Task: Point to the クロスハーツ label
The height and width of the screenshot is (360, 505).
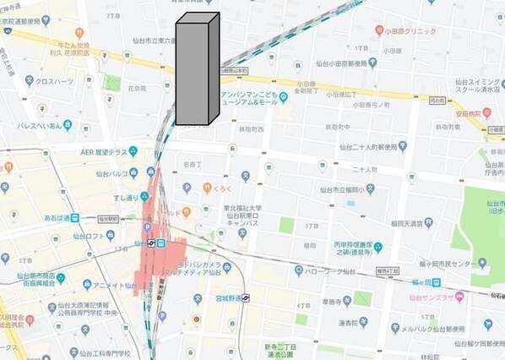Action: (52, 82)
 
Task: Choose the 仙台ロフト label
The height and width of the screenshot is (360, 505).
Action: (99, 235)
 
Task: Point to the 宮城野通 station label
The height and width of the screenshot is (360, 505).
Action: (225, 297)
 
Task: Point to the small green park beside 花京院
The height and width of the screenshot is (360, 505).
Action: (112, 83)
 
